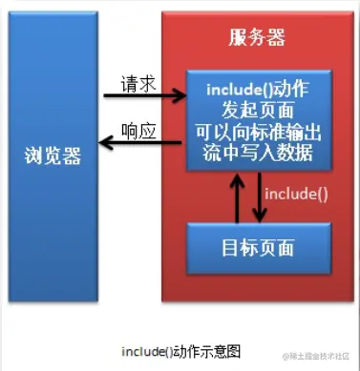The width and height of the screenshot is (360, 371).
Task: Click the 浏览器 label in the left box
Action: (53, 153)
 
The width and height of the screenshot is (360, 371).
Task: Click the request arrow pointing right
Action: (143, 95)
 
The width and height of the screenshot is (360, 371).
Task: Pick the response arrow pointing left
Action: (143, 143)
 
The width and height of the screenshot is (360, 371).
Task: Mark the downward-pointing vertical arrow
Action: (257, 196)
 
